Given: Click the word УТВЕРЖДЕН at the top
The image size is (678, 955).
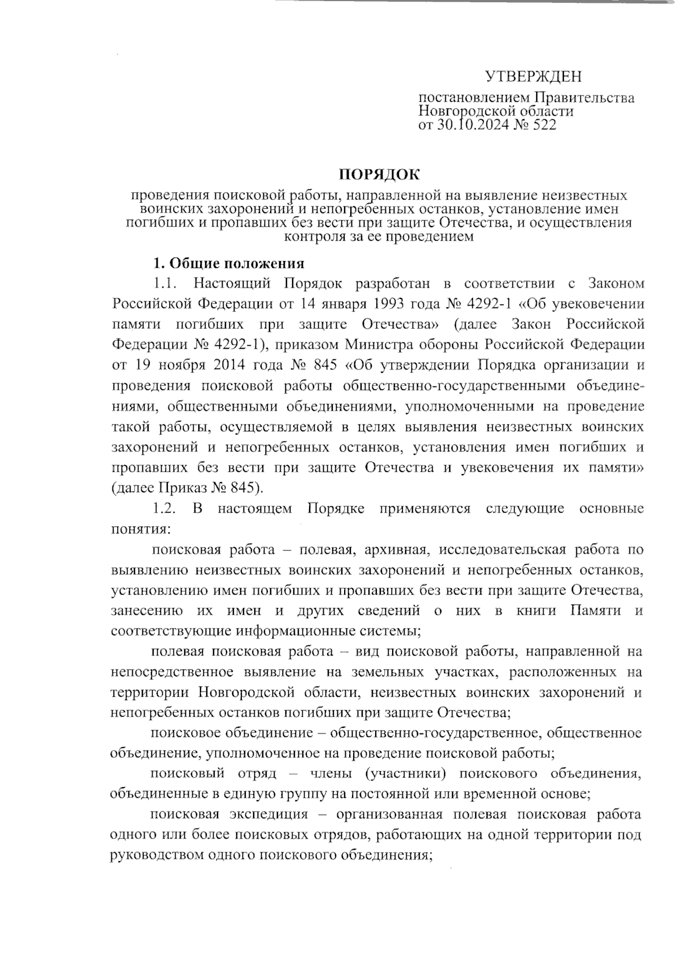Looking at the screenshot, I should [533, 76].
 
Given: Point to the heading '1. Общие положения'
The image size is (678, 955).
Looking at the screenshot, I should [229, 264].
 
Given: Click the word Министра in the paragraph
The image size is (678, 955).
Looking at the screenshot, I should [376, 345].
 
